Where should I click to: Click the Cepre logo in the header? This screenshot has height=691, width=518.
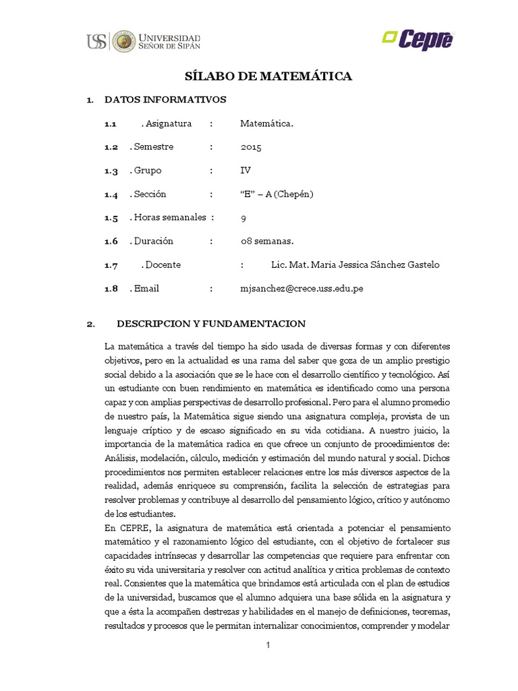(x=418, y=40)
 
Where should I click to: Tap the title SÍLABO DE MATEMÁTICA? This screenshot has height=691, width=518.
(x=268, y=76)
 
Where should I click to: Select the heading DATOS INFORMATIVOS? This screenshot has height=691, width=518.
(x=165, y=100)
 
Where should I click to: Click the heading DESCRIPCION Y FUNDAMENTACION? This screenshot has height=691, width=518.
(x=211, y=323)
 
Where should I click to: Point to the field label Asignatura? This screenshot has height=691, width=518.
(x=168, y=123)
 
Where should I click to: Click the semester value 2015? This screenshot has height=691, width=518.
(x=250, y=147)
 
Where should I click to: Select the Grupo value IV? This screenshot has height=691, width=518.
(x=245, y=171)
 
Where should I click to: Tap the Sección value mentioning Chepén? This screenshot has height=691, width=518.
(x=277, y=194)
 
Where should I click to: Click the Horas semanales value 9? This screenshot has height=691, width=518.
(x=243, y=218)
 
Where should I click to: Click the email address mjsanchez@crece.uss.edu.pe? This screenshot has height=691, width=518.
(x=301, y=288)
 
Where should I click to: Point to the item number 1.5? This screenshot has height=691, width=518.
(x=111, y=218)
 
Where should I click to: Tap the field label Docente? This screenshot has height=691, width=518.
(x=163, y=265)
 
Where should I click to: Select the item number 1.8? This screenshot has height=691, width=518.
(x=111, y=288)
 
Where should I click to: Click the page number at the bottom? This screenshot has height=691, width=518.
(x=268, y=645)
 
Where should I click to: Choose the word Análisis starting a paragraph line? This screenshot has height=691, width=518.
(x=123, y=457)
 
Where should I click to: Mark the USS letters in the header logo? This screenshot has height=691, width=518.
(x=96, y=41)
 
